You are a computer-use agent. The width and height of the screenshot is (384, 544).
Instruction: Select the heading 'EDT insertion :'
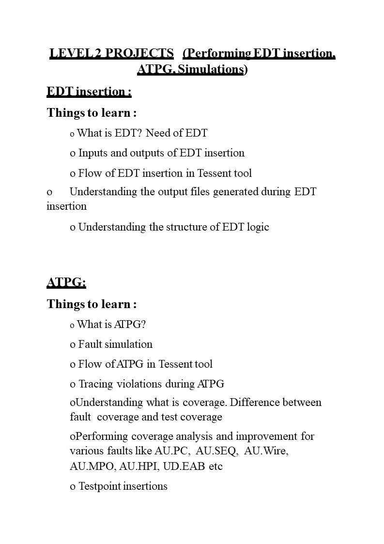tap(89, 92)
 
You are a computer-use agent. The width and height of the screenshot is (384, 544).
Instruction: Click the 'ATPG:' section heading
tap(66, 282)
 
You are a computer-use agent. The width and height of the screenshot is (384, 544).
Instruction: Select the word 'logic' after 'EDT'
tap(257, 227)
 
